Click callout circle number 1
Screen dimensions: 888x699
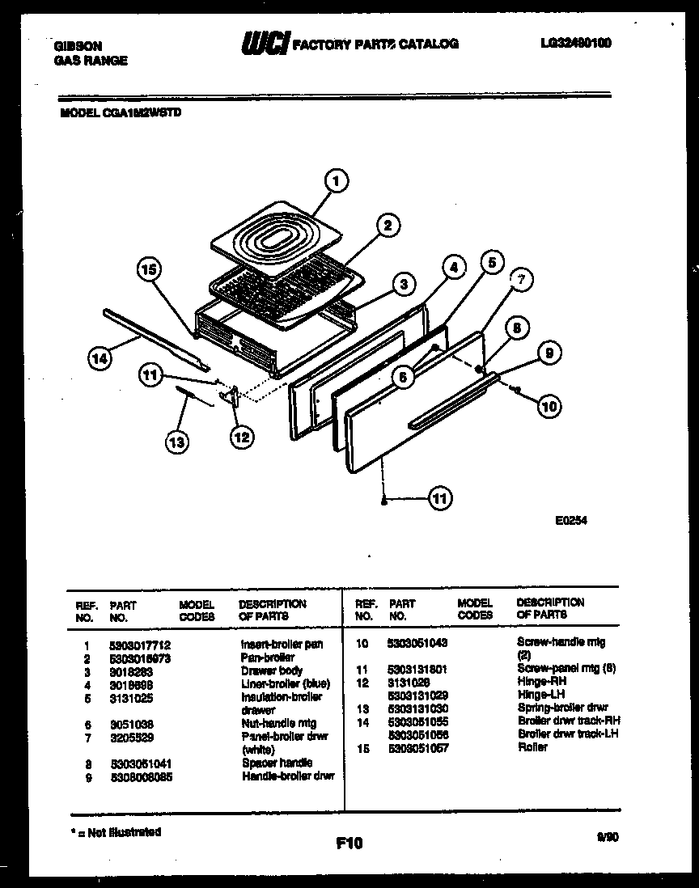tap(337, 180)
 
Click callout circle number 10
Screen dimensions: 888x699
tap(549, 407)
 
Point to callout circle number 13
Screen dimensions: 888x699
tap(177, 441)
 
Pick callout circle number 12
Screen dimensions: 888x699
tap(241, 437)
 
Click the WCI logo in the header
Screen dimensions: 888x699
tap(265, 44)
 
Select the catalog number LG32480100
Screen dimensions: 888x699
tap(574, 43)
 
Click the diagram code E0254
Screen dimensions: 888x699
tap(571, 522)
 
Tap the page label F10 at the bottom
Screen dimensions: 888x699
tap(349, 844)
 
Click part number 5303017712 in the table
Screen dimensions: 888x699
tap(139, 645)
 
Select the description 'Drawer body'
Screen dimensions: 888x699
tap(272, 670)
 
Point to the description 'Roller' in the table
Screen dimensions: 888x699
tap(532, 747)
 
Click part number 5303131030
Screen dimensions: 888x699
tap(418, 708)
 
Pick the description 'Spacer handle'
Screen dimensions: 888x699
tap(277, 763)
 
